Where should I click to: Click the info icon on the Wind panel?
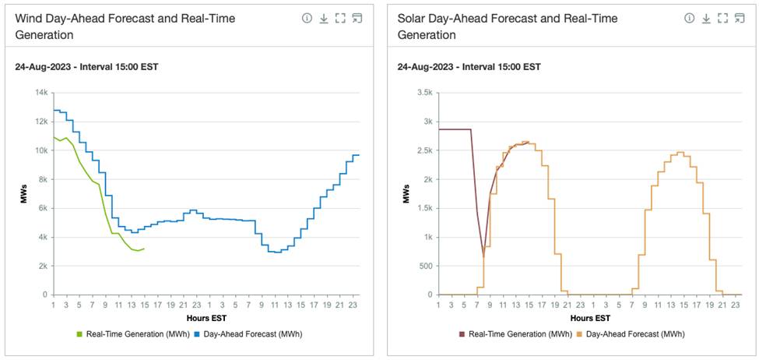[307, 18]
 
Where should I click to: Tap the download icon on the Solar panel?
[706, 18]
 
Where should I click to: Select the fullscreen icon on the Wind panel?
[340, 18]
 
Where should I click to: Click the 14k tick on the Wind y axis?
[40, 93]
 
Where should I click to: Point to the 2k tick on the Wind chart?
[42, 266]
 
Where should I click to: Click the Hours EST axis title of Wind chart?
[206, 318]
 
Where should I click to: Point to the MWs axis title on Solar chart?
[406, 194]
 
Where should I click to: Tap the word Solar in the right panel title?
[413, 18]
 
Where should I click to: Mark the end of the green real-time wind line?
[144, 249]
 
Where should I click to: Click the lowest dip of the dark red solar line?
[483, 256]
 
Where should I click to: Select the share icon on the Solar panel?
[739, 18]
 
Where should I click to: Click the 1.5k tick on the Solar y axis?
[424, 208]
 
